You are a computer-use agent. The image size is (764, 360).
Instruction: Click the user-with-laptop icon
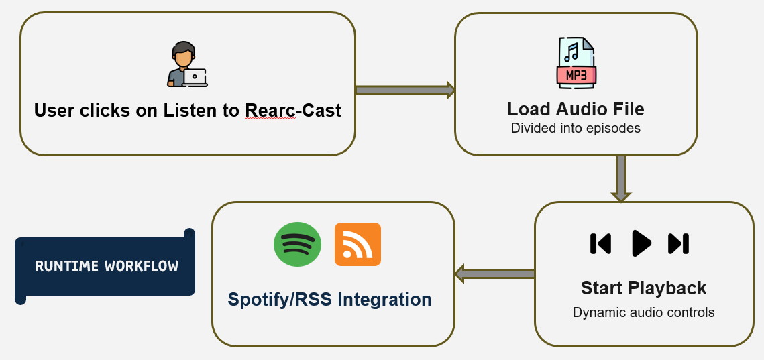coord(186,65)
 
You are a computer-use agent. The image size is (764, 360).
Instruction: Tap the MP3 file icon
coord(576,62)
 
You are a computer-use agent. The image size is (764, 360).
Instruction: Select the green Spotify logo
coord(297,244)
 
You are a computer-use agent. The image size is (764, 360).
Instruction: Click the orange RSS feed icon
coord(358,244)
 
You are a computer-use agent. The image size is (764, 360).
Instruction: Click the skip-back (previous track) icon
coord(600,244)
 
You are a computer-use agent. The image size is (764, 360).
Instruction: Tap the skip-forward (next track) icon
coord(678,244)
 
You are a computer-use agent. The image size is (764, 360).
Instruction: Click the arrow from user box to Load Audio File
coord(404,90)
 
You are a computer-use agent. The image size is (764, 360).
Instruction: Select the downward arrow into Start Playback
coord(620,178)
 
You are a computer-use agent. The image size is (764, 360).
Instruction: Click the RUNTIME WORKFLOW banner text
coord(107,266)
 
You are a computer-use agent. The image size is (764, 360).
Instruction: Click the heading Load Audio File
coord(576,109)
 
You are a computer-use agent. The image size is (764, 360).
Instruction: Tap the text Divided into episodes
coord(576,128)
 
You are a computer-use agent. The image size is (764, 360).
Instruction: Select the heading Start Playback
coord(643,288)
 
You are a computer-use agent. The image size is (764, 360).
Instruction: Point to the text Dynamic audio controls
coord(643,312)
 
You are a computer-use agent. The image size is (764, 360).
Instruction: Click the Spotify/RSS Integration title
coord(329,299)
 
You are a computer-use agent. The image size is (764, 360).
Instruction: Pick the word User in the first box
coord(54,110)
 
